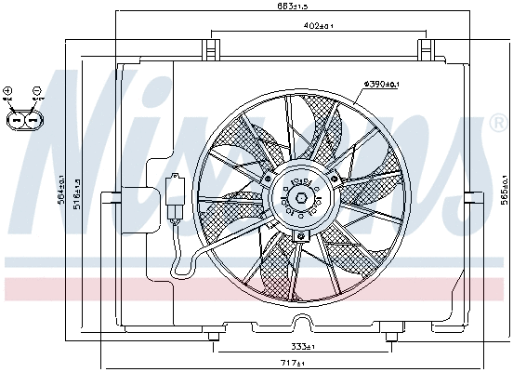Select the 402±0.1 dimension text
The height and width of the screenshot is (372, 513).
(x=319, y=27)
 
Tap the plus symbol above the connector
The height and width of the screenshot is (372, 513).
(x=8, y=90)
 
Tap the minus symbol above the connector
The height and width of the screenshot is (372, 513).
(x=36, y=90)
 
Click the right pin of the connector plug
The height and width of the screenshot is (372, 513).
(x=31, y=120)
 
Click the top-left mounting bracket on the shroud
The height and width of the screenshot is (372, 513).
(x=215, y=47)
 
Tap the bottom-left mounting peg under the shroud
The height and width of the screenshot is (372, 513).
(x=215, y=336)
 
